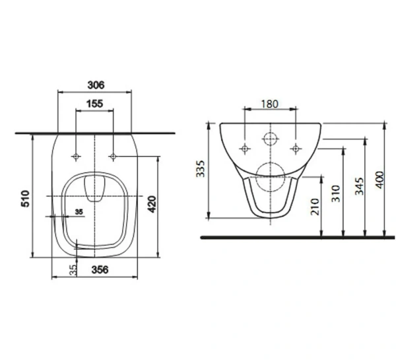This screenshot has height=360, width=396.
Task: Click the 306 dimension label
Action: (x=96, y=85)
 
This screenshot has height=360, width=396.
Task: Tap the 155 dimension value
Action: (x=94, y=104)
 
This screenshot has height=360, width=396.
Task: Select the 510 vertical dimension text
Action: (x=26, y=199)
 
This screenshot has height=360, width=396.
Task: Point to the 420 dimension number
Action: (x=152, y=204)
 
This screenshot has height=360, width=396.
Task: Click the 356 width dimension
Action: (x=100, y=270)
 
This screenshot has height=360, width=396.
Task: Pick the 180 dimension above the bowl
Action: (x=269, y=104)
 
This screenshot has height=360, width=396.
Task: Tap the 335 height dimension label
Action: (x=201, y=168)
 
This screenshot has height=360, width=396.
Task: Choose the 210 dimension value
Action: (x=315, y=207)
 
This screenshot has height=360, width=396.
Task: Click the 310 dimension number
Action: (x=336, y=194)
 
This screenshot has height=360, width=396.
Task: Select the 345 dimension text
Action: (x=360, y=186)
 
